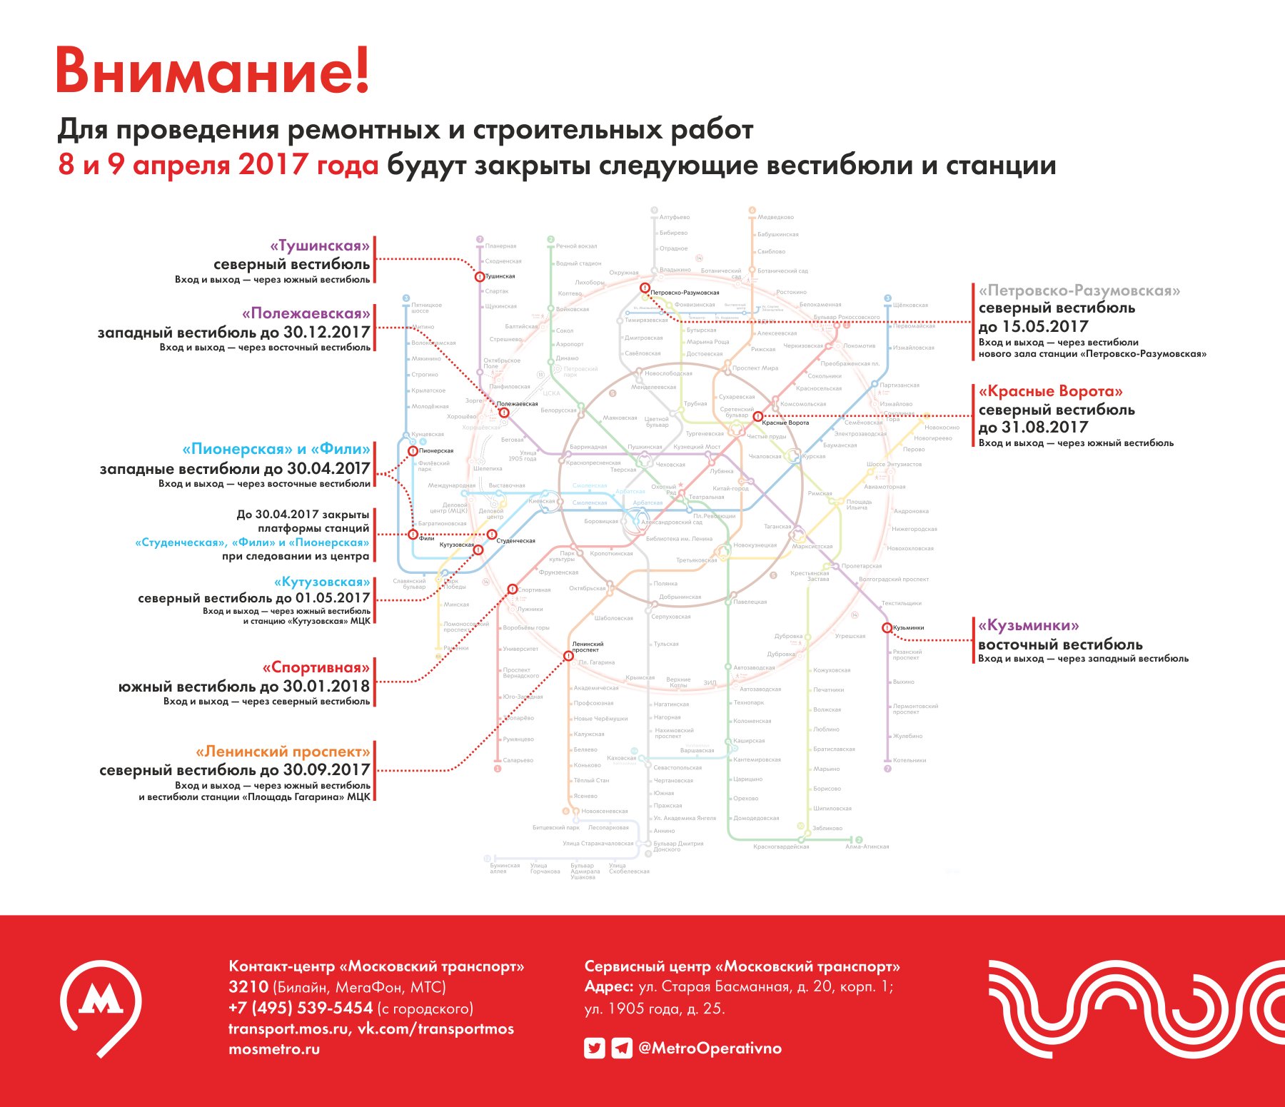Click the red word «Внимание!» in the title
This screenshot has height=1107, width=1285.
pyautogui.click(x=213, y=70)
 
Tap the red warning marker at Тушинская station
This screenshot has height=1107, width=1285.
pyautogui.click(x=480, y=276)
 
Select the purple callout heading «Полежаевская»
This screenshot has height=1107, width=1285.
pyautogui.click(x=306, y=313)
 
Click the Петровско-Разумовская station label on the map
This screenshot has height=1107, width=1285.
pyautogui.click(x=684, y=293)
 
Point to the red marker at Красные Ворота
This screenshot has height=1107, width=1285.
pyautogui.click(x=757, y=417)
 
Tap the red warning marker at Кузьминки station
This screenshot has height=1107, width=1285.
pyautogui.click(x=887, y=628)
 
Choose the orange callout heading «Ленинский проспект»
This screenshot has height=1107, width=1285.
pyautogui.click(x=283, y=752)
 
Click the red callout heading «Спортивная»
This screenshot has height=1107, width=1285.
pyautogui.click(x=316, y=667)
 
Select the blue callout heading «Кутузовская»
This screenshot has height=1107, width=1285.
pyautogui.click(x=322, y=582)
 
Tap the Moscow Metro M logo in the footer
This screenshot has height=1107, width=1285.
pyautogui.click(x=101, y=1006)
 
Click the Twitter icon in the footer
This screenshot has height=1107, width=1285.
pyautogui.click(x=594, y=1048)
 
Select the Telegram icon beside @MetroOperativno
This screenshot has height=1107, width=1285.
pyautogui.click(x=622, y=1048)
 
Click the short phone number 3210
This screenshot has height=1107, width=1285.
pyautogui.click(x=248, y=987)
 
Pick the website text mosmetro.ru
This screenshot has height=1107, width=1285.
pyautogui.click(x=274, y=1049)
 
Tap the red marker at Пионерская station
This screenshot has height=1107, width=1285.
pyautogui.click(x=413, y=451)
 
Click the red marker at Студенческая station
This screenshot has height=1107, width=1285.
pyautogui.click(x=492, y=535)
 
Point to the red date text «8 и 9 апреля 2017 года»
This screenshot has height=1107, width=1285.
pyautogui.click(x=218, y=165)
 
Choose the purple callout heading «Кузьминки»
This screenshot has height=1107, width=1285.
pyautogui.click(x=1028, y=625)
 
